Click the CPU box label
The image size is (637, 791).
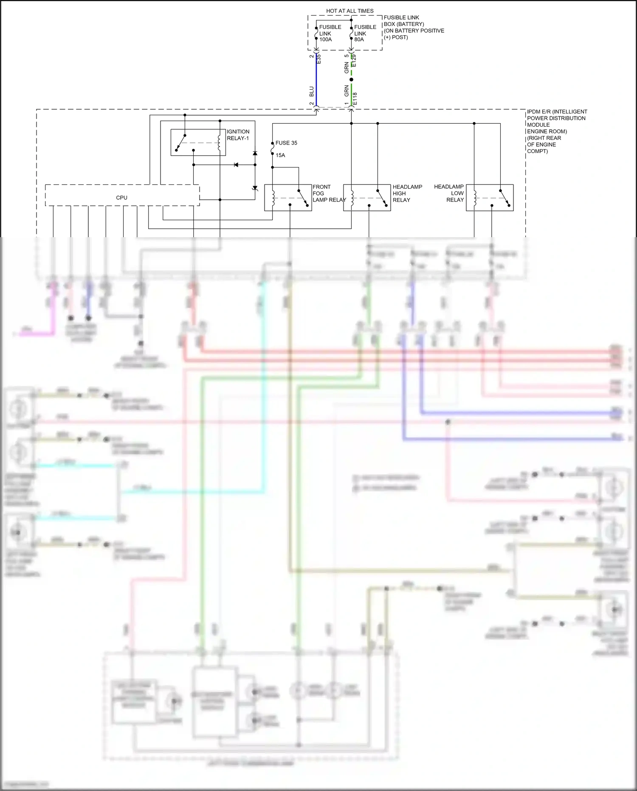pyautogui.click(x=121, y=198)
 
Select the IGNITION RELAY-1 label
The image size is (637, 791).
pyautogui.click(x=238, y=135)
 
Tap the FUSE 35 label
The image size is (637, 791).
pyautogui.click(x=286, y=143)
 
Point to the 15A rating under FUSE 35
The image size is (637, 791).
pyautogui.click(x=280, y=155)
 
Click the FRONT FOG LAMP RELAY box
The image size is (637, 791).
pyautogui.click(x=288, y=198)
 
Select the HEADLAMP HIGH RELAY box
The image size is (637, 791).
pyautogui.click(x=367, y=198)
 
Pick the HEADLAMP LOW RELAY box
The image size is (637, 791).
pyautogui.click(x=490, y=198)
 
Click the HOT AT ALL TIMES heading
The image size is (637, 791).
pyautogui.click(x=350, y=11)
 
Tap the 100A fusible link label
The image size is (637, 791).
pyautogui.click(x=326, y=40)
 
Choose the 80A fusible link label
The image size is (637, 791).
pyautogui.click(x=359, y=40)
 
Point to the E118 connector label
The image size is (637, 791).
pyautogui.click(x=355, y=99)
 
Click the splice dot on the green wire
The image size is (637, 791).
pyautogui.click(x=351, y=79)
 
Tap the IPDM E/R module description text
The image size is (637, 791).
pyautogui.click(x=556, y=131)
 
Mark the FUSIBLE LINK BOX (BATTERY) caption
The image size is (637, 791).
pyautogui.click(x=413, y=27)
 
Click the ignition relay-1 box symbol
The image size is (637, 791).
pyautogui.click(x=198, y=142)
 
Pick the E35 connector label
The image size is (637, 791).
pyautogui.click(x=319, y=59)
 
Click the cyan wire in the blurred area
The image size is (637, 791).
pyautogui.click(x=264, y=383)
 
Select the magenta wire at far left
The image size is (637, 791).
pyautogui.click(x=38, y=334)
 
